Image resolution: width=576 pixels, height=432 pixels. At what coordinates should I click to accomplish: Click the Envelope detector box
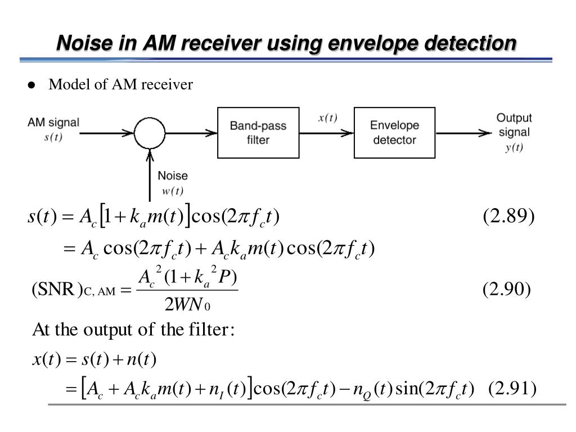click(x=394, y=132)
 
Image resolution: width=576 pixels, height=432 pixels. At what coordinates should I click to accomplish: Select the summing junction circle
click(x=150, y=133)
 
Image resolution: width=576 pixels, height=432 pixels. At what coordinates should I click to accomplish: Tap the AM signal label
click(x=53, y=122)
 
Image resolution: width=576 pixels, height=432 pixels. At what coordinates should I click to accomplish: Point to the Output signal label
click(x=514, y=125)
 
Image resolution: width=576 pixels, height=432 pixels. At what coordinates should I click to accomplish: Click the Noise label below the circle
click(x=173, y=176)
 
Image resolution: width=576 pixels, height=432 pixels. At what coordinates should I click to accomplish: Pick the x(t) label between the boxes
click(x=327, y=118)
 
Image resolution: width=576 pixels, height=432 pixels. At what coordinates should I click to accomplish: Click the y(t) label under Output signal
click(x=513, y=147)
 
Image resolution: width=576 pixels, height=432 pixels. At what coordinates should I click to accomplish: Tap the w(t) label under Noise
click(x=173, y=191)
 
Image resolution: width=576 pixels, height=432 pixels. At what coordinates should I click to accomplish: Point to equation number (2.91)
click(x=512, y=389)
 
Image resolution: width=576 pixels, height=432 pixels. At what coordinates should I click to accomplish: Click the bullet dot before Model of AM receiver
click(x=31, y=85)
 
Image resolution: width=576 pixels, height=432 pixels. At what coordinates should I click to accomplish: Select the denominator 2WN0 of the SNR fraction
click(x=187, y=305)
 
